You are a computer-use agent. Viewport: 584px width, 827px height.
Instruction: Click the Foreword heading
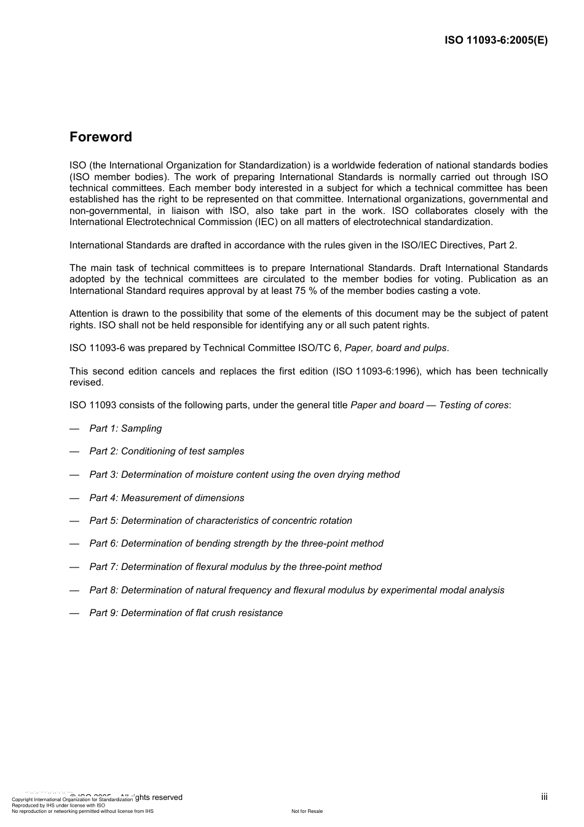100,137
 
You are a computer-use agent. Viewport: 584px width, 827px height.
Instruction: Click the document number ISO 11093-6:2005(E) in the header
495,41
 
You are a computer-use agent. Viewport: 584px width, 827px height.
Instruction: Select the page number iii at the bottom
544,797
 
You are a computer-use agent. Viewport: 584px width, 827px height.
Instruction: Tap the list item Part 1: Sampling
125,429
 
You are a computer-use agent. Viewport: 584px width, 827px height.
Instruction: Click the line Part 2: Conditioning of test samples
167,451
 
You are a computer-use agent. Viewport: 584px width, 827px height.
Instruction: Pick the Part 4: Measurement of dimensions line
167,498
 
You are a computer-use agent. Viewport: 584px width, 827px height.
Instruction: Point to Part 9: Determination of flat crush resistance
186,613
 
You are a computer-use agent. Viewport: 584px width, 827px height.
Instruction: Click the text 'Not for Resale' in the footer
307,811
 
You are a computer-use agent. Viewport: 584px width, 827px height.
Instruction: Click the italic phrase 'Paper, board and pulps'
395,348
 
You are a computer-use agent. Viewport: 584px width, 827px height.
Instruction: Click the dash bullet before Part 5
74,521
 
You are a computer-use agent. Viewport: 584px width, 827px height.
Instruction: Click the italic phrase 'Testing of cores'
473,405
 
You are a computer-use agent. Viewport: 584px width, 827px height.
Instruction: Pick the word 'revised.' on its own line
87,382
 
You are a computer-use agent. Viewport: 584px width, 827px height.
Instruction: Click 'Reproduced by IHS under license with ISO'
58,805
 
